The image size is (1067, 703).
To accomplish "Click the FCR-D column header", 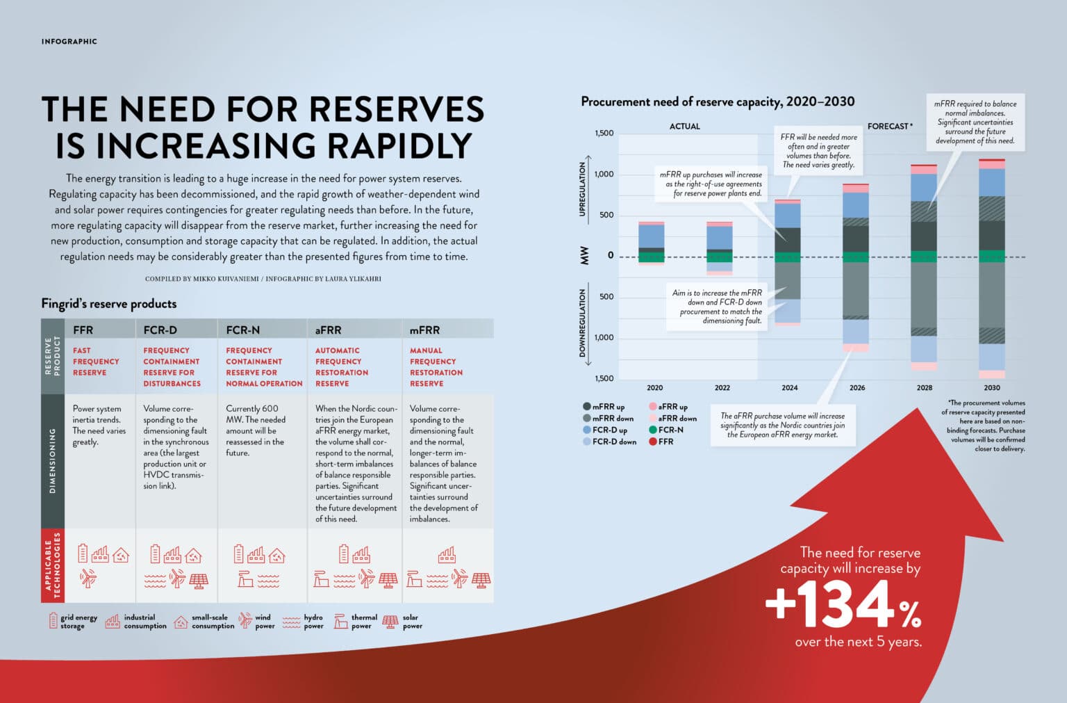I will pos(160,330).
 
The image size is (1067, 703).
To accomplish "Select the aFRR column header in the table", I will pos(328,330).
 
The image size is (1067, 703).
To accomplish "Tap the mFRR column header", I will pos(424,330).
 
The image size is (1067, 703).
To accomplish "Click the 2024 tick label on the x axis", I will pos(789,388).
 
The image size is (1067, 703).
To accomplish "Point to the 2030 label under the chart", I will pos(991,388).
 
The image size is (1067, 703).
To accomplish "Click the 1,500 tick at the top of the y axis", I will pos(604,133).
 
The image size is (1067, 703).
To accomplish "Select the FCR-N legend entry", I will pos(666,430).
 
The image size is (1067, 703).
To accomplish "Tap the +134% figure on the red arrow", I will pos(843,605).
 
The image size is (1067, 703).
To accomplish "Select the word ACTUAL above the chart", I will pos(684,127).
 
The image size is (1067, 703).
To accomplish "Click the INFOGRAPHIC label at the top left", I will pos(69,42).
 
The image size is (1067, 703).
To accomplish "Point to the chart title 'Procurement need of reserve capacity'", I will pos(718,102).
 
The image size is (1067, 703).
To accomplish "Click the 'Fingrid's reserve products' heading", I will pos(109,304).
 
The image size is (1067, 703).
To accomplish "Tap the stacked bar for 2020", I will pos(651,243).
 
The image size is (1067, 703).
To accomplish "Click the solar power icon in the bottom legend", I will pos(390,621).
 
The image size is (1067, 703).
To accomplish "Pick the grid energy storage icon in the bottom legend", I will pos(53,620).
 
